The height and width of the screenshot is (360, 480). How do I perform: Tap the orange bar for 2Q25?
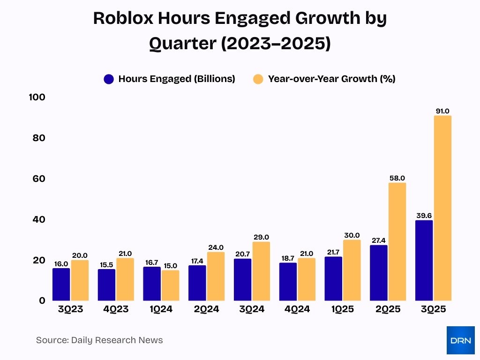[397, 241]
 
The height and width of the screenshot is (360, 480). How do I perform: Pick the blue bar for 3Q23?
[61, 284]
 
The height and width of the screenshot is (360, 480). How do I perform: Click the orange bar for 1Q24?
[170, 285]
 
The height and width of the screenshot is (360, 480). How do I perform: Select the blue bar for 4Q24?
[287, 281]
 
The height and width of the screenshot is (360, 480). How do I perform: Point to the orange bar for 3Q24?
[261, 271]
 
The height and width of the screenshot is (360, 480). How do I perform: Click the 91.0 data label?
[442, 111]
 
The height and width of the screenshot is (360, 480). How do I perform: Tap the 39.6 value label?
[424, 216]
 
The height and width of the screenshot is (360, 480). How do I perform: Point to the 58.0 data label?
[397, 178]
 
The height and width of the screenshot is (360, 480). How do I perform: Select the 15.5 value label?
[106, 265]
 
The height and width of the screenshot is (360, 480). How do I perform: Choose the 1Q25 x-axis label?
[342, 309]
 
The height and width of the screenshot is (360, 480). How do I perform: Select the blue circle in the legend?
[109, 79]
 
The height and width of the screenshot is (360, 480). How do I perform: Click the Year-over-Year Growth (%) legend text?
[331, 79]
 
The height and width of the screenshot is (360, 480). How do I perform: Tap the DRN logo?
[460, 340]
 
